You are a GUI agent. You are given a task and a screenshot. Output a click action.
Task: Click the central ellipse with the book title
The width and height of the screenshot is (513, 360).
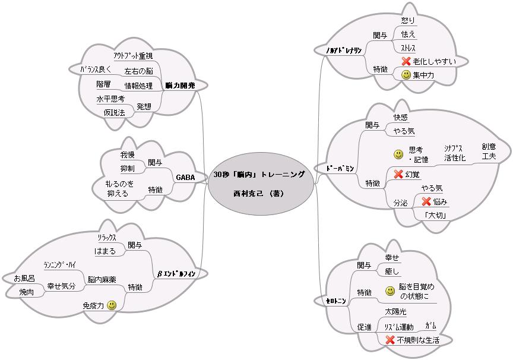260,184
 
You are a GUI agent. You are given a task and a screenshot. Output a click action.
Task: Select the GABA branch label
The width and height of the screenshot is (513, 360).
185,177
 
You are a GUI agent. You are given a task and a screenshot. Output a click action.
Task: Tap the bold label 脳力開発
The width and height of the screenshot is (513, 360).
180,86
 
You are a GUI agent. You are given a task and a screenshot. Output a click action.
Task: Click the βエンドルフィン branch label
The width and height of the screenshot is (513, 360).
176,273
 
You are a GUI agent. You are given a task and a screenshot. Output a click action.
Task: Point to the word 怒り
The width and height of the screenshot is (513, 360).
408,20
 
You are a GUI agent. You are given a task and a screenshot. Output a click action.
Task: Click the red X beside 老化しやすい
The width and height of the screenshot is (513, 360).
406,61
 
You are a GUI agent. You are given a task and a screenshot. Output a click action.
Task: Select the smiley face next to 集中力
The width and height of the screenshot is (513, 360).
406,75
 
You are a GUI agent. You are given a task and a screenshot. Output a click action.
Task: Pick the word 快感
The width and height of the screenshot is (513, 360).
401,118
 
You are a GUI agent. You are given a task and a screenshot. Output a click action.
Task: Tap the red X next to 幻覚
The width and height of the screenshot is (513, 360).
398,174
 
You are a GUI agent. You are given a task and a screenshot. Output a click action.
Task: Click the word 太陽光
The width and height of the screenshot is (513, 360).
395,312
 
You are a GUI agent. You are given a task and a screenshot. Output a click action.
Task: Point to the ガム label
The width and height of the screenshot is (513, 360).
431,326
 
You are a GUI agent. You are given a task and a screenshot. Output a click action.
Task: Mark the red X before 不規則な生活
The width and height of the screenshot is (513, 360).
390,340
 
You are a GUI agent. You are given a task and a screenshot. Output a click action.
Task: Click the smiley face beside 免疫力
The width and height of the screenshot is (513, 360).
112,305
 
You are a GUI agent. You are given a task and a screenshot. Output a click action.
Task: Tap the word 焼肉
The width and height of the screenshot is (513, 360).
26,292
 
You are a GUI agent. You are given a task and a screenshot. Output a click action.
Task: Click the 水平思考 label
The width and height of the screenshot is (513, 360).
110,99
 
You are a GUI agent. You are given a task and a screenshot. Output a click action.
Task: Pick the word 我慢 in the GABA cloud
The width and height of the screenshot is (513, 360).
128,154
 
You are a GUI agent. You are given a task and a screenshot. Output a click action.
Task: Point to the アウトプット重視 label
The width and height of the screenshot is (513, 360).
132,56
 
